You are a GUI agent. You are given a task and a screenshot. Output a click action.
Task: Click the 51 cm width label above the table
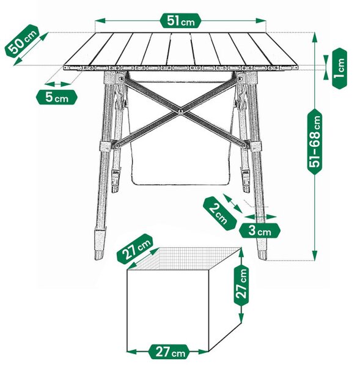pos(180,21)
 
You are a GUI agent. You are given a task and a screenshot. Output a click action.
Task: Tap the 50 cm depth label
pos(22,40)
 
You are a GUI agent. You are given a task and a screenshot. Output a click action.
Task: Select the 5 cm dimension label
pos(57,97)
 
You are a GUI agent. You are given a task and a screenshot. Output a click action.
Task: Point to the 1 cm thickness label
pos(339,69)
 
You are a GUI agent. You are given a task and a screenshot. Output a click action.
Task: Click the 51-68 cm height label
pos(315,142)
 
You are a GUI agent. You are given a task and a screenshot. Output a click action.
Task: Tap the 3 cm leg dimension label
pos(259,231)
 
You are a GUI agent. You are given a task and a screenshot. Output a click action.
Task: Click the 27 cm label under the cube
pos(169,352)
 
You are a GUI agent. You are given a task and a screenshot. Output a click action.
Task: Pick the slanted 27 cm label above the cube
pos(135,248)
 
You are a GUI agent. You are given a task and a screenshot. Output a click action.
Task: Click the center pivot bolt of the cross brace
pos(180,111)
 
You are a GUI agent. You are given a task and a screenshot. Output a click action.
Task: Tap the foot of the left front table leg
pos(99,255)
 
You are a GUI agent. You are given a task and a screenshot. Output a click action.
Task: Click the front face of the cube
pos(167,311)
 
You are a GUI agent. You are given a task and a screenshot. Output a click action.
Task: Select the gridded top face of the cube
pos(184,258)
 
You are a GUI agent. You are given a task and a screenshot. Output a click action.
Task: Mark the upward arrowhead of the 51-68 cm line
pos(315,37)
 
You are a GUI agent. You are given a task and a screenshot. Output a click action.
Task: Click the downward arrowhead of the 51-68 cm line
pos(315,255)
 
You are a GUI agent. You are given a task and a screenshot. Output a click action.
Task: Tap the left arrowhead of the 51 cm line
pos(100,21)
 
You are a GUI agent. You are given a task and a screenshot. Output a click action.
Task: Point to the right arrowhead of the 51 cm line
pos(261,21)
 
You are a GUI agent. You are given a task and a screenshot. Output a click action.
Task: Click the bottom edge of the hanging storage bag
pos(180,184)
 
